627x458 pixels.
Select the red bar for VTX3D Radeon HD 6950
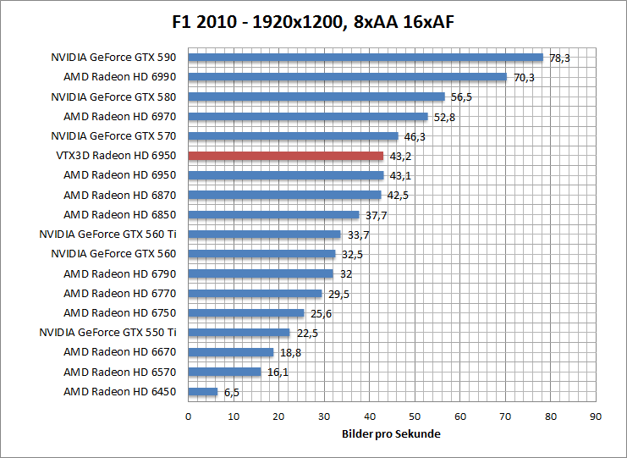click(x=285, y=156)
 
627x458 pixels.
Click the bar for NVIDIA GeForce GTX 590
click(x=365, y=58)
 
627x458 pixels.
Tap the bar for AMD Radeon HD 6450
click(x=203, y=392)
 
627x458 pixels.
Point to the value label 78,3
click(x=560, y=58)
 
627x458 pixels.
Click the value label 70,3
click(x=524, y=77)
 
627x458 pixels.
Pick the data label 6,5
click(x=232, y=392)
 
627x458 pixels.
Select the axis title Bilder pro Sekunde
click(x=391, y=433)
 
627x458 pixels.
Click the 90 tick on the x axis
click(x=596, y=417)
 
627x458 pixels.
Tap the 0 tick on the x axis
click(x=188, y=417)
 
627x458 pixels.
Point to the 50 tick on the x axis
click(x=415, y=417)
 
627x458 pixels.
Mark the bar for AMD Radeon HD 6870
click(x=284, y=195)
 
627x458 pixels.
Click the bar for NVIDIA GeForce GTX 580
click(x=316, y=97)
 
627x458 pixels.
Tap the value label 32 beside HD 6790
click(x=345, y=273)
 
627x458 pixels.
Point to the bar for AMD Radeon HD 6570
click(x=224, y=372)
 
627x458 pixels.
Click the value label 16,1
click(x=276, y=372)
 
